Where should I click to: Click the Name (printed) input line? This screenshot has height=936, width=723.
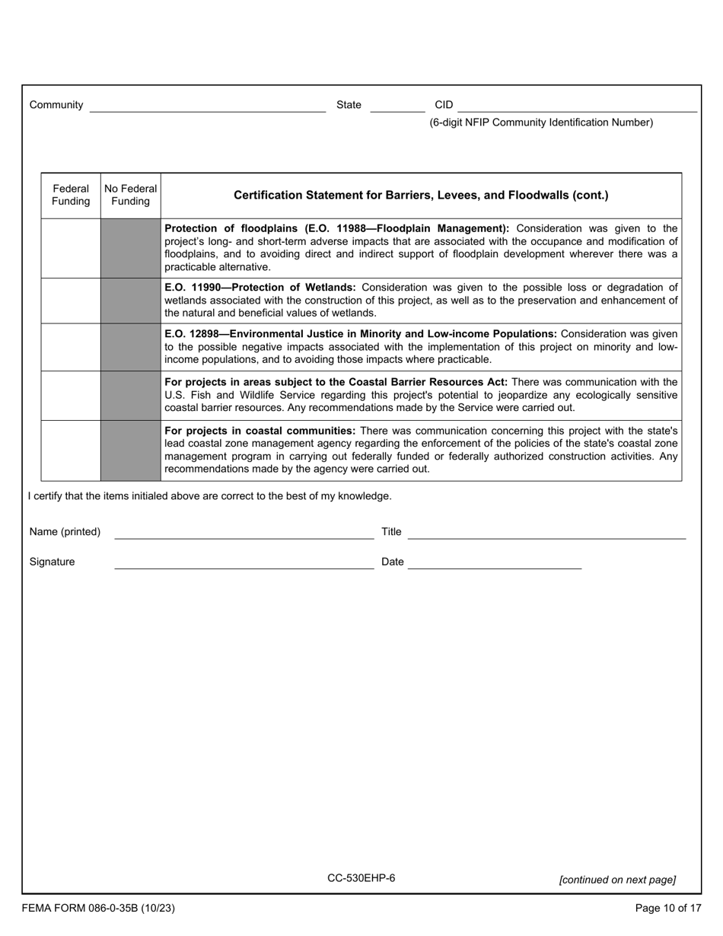(244, 532)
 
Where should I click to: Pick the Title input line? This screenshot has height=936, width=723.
(546, 532)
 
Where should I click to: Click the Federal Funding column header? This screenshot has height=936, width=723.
(71, 195)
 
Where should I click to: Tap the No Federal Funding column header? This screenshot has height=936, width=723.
(131, 195)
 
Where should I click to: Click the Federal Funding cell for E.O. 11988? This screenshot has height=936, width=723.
(71, 248)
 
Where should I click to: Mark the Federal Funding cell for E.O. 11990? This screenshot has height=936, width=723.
(71, 301)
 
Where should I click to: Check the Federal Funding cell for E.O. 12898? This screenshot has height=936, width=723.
(71, 347)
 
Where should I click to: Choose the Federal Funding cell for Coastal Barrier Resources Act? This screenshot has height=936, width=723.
(71, 395)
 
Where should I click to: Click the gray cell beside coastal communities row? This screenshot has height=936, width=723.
(131, 450)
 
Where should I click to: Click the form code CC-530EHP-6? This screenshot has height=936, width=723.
(361, 878)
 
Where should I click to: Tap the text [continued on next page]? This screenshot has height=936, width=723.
(616, 880)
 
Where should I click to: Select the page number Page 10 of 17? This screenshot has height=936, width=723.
(667, 908)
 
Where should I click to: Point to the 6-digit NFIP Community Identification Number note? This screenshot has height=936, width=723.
(540, 123)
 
